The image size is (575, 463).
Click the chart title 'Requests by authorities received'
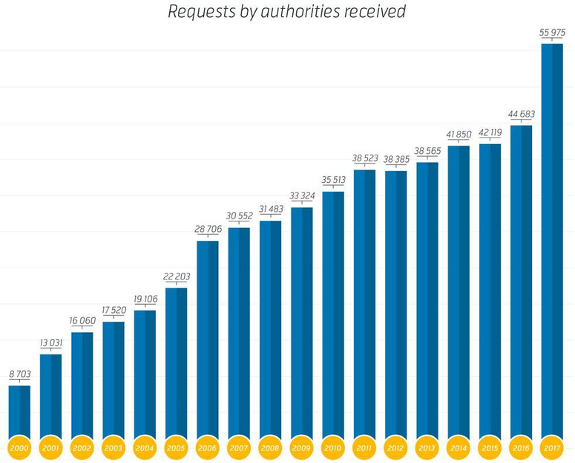tap(287, 11)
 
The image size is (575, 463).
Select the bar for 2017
tap(552, 242)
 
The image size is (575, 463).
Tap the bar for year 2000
tap(19, 412)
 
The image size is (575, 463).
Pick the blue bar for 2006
tap(208, 340)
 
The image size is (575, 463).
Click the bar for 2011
tap(364, 304)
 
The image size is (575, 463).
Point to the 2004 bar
tap(145, 375)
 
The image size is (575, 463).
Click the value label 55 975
tap(552, 33)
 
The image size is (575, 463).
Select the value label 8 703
tap(20, 374)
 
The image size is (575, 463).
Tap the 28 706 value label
tap(208, 229)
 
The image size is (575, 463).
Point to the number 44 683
tap(521, 114)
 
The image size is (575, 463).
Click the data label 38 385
tap(396, 159)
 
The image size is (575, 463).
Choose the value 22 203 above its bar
tap(177, 276)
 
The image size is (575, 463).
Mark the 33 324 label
tap(302, 195)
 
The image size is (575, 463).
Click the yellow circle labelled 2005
tap(176, 448)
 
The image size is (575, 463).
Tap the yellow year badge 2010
tap(333, 448)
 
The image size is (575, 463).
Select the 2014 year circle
tap(459, 448)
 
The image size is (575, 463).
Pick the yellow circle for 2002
tap(82, 448)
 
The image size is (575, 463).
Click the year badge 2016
tap(521, 448)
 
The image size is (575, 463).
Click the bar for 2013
tap(427, 300)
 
